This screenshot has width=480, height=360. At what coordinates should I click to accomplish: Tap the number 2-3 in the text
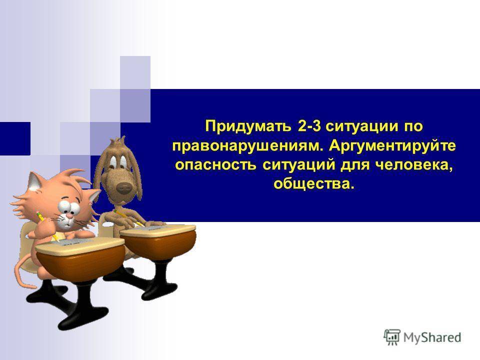(308, 126)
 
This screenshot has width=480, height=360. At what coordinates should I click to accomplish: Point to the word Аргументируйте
(392, 146)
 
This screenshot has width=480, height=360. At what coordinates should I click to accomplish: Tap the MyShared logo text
(432, 337)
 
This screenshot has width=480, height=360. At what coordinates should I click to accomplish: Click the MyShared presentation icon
(392, 337)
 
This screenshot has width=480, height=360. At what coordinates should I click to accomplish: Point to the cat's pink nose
(70, 216)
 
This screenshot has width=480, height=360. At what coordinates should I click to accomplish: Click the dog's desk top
(157, 230)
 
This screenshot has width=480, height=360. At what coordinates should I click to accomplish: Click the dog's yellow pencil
(128, 218)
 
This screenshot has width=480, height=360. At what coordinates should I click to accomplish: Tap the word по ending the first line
(412, 126)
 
